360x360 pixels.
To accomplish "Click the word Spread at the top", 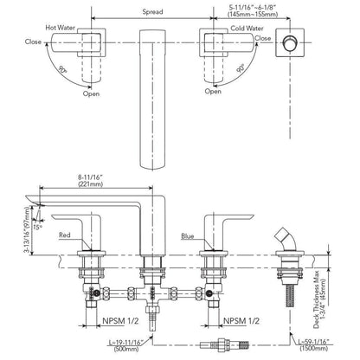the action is [x=152, y=12].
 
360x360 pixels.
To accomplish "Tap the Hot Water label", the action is [x=61, y=28].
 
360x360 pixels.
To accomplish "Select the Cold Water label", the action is [x=247, y=29].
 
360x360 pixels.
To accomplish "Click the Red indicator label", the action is [x=65, y=235].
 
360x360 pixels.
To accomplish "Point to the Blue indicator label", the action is [x=188, y=236].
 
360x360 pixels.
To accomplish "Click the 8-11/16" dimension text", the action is [x=91, y=177].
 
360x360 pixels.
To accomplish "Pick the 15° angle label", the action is [x=37, y=227].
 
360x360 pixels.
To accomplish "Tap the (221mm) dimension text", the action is [x=91, y=184].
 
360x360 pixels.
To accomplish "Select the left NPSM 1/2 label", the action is [x=120, y=321].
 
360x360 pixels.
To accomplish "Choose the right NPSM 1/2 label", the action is [x=241, y=321].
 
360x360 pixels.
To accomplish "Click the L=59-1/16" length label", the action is [x=313, y=342].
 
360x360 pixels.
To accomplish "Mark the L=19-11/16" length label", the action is [x=126, y=343].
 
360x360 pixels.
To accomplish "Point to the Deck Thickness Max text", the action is [x=317, y=299].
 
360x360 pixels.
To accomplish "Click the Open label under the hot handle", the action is [x=91, y=93].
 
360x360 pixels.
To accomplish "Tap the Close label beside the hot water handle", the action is [x=33, y=42].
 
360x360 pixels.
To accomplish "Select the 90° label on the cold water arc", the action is [x=241, y=68].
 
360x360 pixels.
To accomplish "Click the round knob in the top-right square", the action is [x=288, y=42].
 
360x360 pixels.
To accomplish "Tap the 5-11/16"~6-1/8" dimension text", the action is [x=253, y=8].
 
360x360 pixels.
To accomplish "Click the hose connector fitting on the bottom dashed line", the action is [x=224, y=344].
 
